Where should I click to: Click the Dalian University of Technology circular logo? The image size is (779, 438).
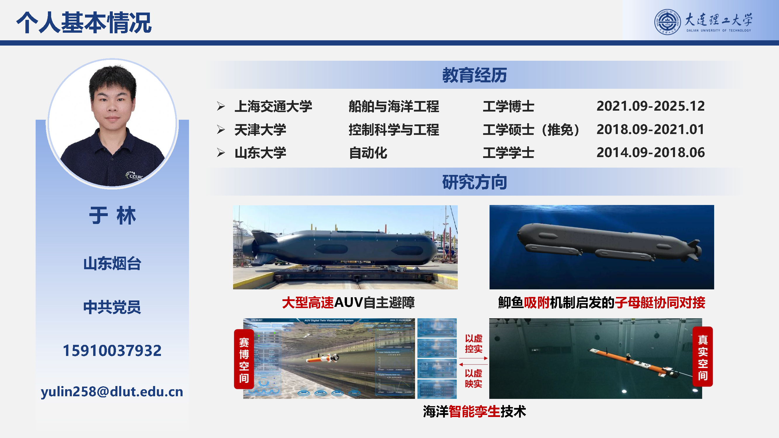[x=667, y=22]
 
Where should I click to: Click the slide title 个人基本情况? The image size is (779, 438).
[x=84, y=23]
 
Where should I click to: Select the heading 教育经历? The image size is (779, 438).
[x=474, y=75]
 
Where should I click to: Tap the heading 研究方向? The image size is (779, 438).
[x=474, y=182]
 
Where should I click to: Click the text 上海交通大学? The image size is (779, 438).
[x=273, y=106]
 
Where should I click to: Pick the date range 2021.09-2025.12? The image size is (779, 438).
[x=650, y=106]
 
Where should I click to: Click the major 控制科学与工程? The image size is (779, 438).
[x=393, y=130]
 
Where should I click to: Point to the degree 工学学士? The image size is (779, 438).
[x=508, y=153]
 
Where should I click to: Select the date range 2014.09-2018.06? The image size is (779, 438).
[x=650, y=152]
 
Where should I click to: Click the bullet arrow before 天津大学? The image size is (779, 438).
[x=221, y=130]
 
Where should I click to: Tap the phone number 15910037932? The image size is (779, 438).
[x=112, y=351]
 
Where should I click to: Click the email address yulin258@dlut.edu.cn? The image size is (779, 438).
[x=112, y=392]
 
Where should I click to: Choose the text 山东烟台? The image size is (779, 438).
[x=112, y=263]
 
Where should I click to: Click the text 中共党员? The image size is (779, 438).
[x=112, y=307]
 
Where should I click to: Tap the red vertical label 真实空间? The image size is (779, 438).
[x=702, y=357]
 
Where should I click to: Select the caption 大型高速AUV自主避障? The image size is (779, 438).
[x=348, y=303]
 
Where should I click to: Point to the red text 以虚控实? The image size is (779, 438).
[x=473, y=343]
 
